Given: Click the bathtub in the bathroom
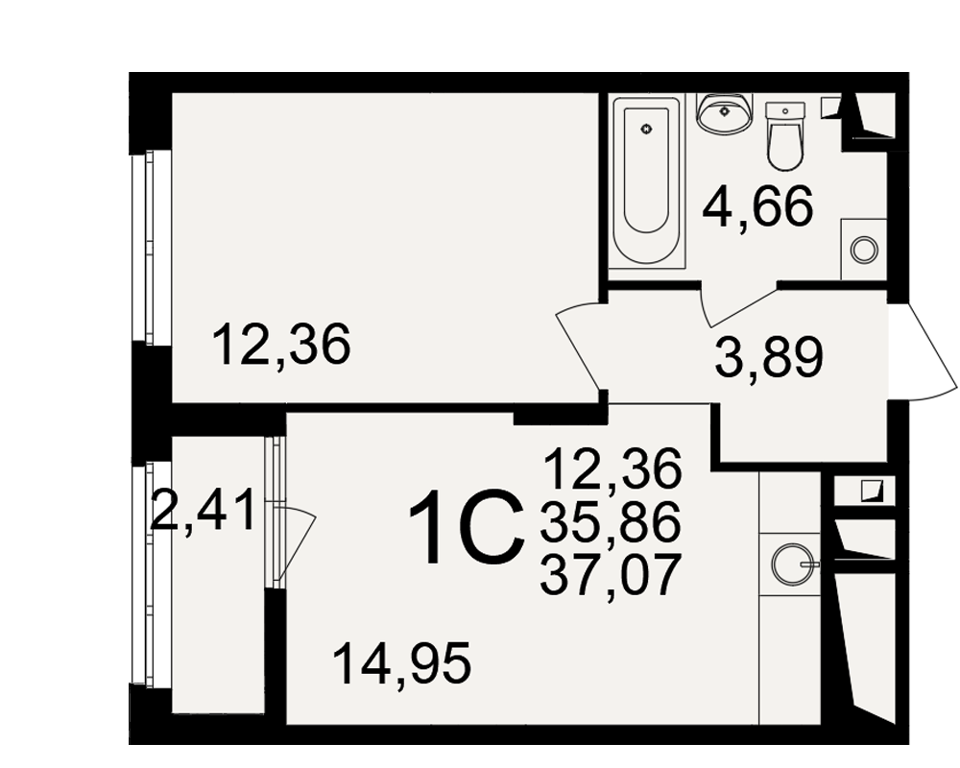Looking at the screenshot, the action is pyautogui.click(x=646, y=181).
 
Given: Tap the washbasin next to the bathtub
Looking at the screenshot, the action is pyautogui.click(x=725, y=113).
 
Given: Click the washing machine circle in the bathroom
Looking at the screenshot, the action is pyautogui.click(x=864, y=250).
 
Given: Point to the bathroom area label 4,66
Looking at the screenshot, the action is pyautogui.click(x=758, y=205).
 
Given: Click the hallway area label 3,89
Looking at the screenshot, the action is pyautogui.click(x=769, y=357).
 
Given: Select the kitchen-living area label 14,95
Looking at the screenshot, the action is pyautogui.click(x=401, y=664).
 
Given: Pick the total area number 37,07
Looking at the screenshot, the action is pyautogui.click(x=611, y=574).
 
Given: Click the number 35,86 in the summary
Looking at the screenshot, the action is pyautogui.click(x=611, y=522).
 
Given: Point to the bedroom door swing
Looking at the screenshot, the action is pyautogui.click(x=578, y=345).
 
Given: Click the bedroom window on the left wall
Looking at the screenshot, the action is pyautogui.click(x=149, y=247).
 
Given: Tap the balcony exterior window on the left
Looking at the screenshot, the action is pyautogui.click(x=149, y=573).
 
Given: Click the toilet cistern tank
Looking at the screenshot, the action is pyautogui.click(x=785, y=110).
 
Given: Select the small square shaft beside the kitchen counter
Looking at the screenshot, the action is pyautogui.click(x=865, y=491).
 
